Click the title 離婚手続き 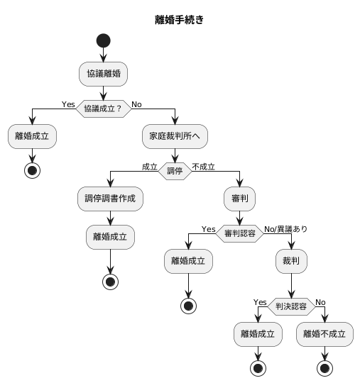coord(180,20)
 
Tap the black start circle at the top coord(104,40)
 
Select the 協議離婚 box coord(104,73)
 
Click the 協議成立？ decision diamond coord(104,109)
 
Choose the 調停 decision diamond coord(175,171)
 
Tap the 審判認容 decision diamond coord(240,233)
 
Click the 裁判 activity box coord(291,262)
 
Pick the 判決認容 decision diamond coord(291,306)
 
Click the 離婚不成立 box coord(324,334)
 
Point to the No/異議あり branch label coord(286,228)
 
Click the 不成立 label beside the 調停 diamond coord(204,167)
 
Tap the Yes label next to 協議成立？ coord(68,104)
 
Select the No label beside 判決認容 coord(320,302)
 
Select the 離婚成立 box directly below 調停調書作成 coord(110,237)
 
